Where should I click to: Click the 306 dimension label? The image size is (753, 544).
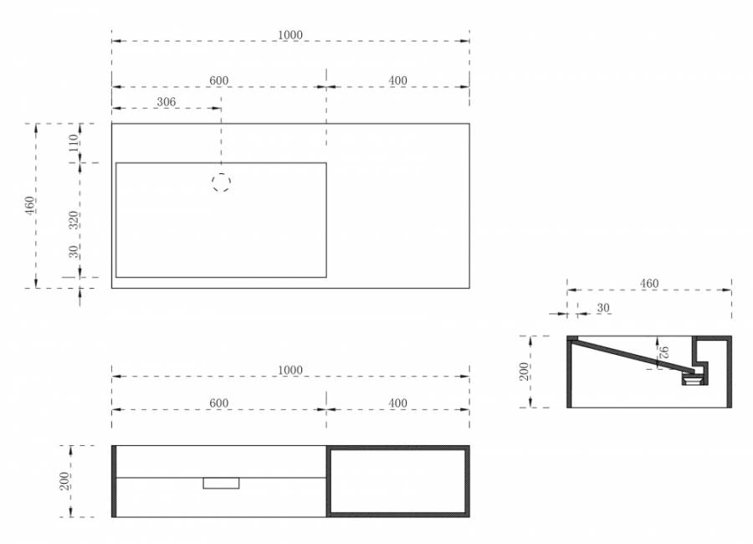[x=166, y=102]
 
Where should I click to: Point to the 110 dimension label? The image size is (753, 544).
[x=73, y=143]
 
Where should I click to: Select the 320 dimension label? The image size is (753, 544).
[x=73, y=220]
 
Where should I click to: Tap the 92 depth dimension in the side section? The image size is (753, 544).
[x=663, y=352]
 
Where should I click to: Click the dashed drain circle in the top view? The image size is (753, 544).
[x=221, y=182]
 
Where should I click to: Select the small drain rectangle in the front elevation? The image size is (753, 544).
[x=221, y=483]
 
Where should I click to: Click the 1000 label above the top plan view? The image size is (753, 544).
[x=290, y=35]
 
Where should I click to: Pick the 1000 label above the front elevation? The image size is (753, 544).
[x=290, y=371]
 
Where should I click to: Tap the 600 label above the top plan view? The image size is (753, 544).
[x=219, y=80]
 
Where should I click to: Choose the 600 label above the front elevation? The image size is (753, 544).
[x=219, y=403]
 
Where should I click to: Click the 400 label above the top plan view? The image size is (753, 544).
[x=397, y=80]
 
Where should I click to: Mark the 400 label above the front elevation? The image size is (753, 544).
[x=397, y=403]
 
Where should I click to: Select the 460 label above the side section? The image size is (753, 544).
[x=649, y=284]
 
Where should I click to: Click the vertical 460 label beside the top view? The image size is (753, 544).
[x=30, y=206]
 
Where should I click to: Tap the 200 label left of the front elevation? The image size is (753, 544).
[x=64, y=481]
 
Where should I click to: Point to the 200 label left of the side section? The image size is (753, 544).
[x=524, y=372]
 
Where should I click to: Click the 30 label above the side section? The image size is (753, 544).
[x=603, y=308]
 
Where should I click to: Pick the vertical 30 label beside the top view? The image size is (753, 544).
[x=73, y=252]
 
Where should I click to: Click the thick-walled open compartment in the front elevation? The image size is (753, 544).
[x=329, y=481]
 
